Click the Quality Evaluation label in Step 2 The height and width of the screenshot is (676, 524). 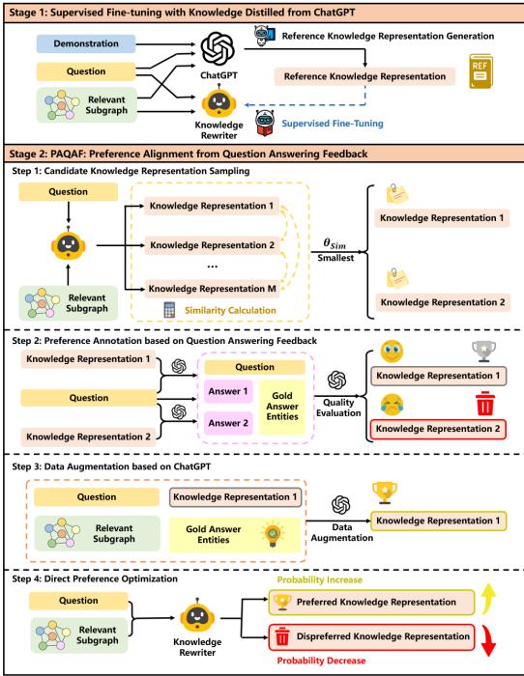click(x=339, y=408)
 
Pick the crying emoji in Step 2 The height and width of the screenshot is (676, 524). click(x=392, y=403)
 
